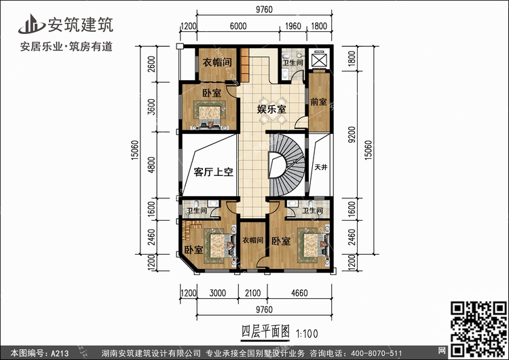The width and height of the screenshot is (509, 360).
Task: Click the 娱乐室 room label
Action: coord(271,109)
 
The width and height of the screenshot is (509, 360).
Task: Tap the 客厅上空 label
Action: coord(214,172)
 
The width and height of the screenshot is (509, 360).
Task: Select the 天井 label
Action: coord(321,167)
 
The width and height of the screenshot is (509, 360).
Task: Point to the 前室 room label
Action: coord(318,102)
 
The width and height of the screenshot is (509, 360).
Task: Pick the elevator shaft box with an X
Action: coord(318,60)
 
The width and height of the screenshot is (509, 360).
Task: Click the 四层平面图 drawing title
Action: coord(265,331)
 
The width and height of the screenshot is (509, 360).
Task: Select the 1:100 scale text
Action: coord(307,334)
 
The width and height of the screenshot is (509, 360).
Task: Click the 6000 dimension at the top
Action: coord(238,26)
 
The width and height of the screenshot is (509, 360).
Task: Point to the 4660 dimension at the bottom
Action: coord(299,293)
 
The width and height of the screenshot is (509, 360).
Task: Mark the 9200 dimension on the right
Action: coord(352,134)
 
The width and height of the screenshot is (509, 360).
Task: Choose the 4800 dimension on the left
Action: coord(151,165)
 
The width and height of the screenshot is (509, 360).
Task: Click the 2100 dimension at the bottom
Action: coord(253,293)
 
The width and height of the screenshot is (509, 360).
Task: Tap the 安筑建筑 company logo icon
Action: coord(31,24)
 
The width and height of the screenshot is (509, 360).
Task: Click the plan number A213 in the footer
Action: coord(60,353)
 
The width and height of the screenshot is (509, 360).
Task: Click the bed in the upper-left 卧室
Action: coord(210,114)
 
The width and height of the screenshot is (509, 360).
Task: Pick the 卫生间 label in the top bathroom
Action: coord(293,62)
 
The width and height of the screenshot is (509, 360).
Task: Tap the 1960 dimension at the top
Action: coord(293,26)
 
